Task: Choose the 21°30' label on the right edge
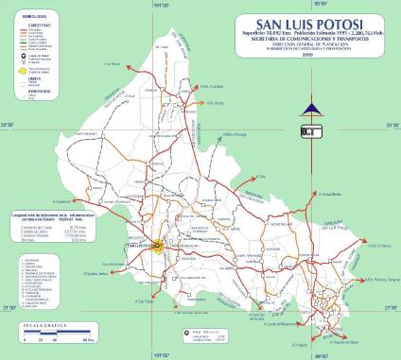[x=391, y=308]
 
